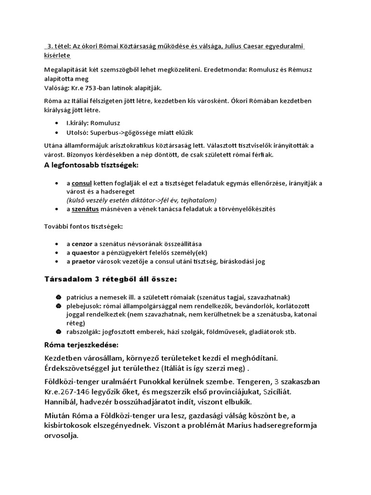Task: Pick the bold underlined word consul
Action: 81,184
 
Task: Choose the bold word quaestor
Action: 86,252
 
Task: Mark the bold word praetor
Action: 84,262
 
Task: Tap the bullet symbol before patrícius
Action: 58,297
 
